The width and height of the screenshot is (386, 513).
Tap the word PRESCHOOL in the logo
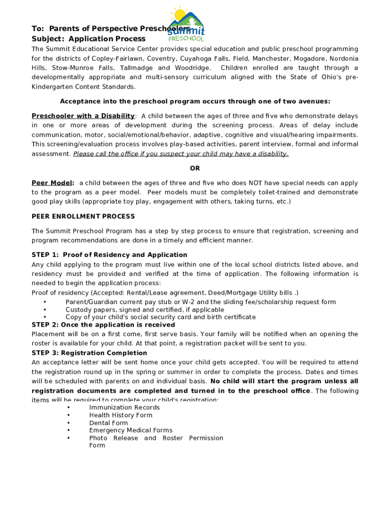tap(186, 39)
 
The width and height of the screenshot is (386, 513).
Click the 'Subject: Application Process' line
tap(89, 39)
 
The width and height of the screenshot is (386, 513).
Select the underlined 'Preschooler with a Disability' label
tap(83, 116)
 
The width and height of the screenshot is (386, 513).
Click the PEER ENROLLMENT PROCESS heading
tap(83, 216)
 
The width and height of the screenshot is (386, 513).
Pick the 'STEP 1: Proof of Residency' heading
tap(109, 255)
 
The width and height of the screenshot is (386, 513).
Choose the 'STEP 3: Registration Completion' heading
tap(89, 353)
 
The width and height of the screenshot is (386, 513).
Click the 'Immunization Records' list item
tap(124, 408)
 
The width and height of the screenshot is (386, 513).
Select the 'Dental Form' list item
tap(108, 423)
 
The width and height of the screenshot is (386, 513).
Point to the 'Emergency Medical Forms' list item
tap(130, 430)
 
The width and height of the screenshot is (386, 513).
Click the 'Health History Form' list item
tap(120, 415)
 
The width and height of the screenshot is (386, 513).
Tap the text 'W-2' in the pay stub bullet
tap(205, 302)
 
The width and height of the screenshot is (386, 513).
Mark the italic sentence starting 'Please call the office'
tap(181, 154)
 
